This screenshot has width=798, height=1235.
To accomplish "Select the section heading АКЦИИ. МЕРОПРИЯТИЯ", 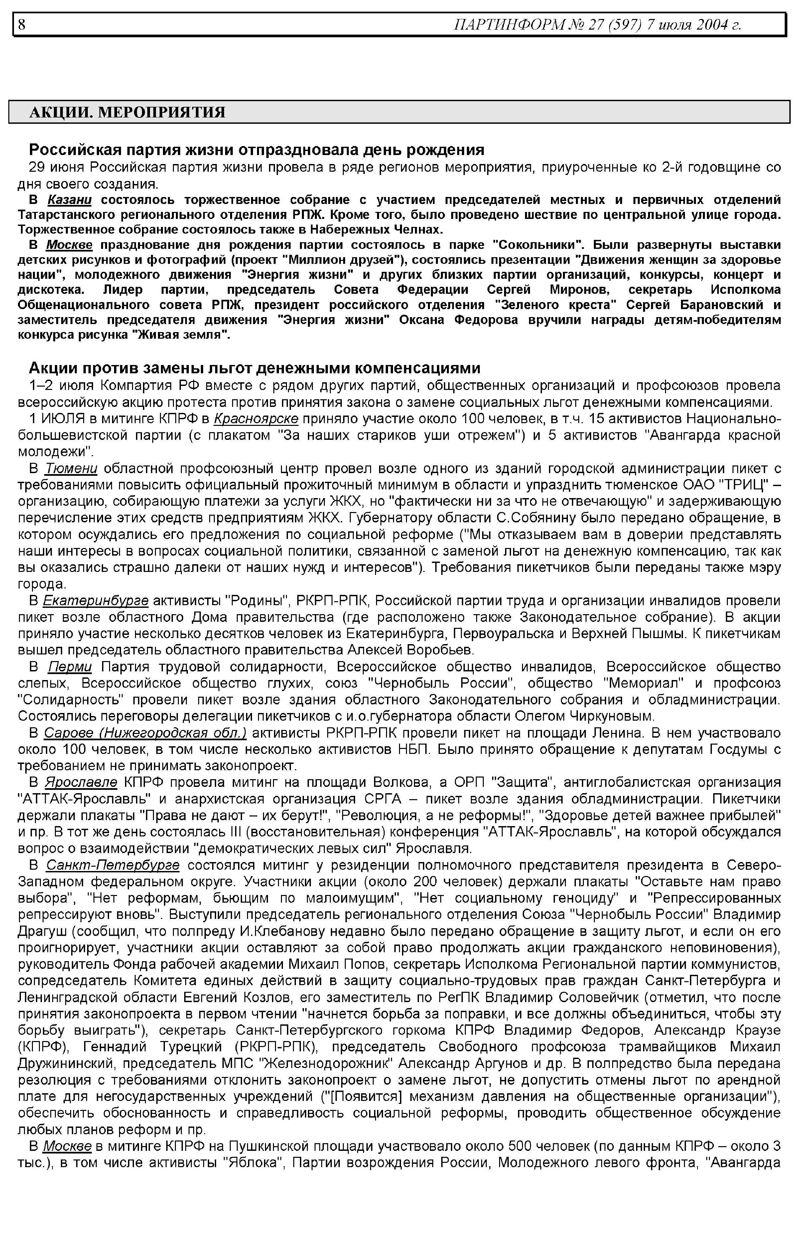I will [127, 112].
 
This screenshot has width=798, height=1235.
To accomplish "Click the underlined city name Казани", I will [69, 200].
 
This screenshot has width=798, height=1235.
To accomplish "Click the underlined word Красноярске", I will [256, 419].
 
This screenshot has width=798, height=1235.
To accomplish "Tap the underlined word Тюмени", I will [71, 468].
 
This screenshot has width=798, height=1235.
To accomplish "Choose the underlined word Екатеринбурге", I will [96, 601].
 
